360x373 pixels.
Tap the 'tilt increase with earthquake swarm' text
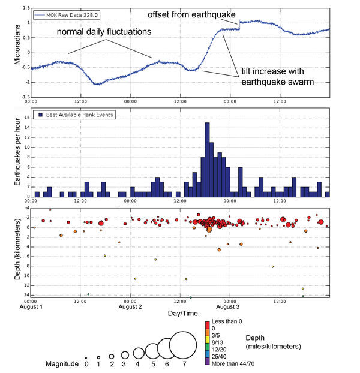point(277,75)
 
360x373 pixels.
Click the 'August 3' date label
point(228,306)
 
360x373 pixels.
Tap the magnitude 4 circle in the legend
point(138,353)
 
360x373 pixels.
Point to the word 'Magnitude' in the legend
point(62,363)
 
